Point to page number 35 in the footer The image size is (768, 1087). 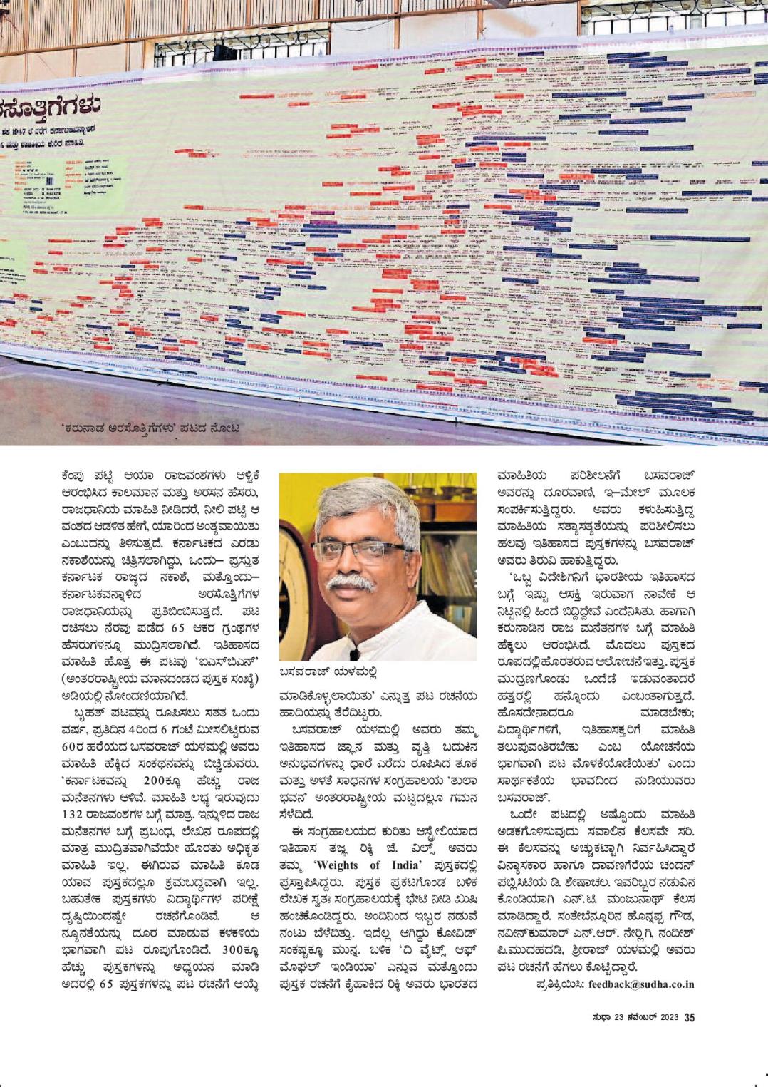[688, 1017]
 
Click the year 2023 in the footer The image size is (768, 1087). [668, 1017]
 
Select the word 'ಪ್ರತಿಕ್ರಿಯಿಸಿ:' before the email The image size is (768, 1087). [560, 984]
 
